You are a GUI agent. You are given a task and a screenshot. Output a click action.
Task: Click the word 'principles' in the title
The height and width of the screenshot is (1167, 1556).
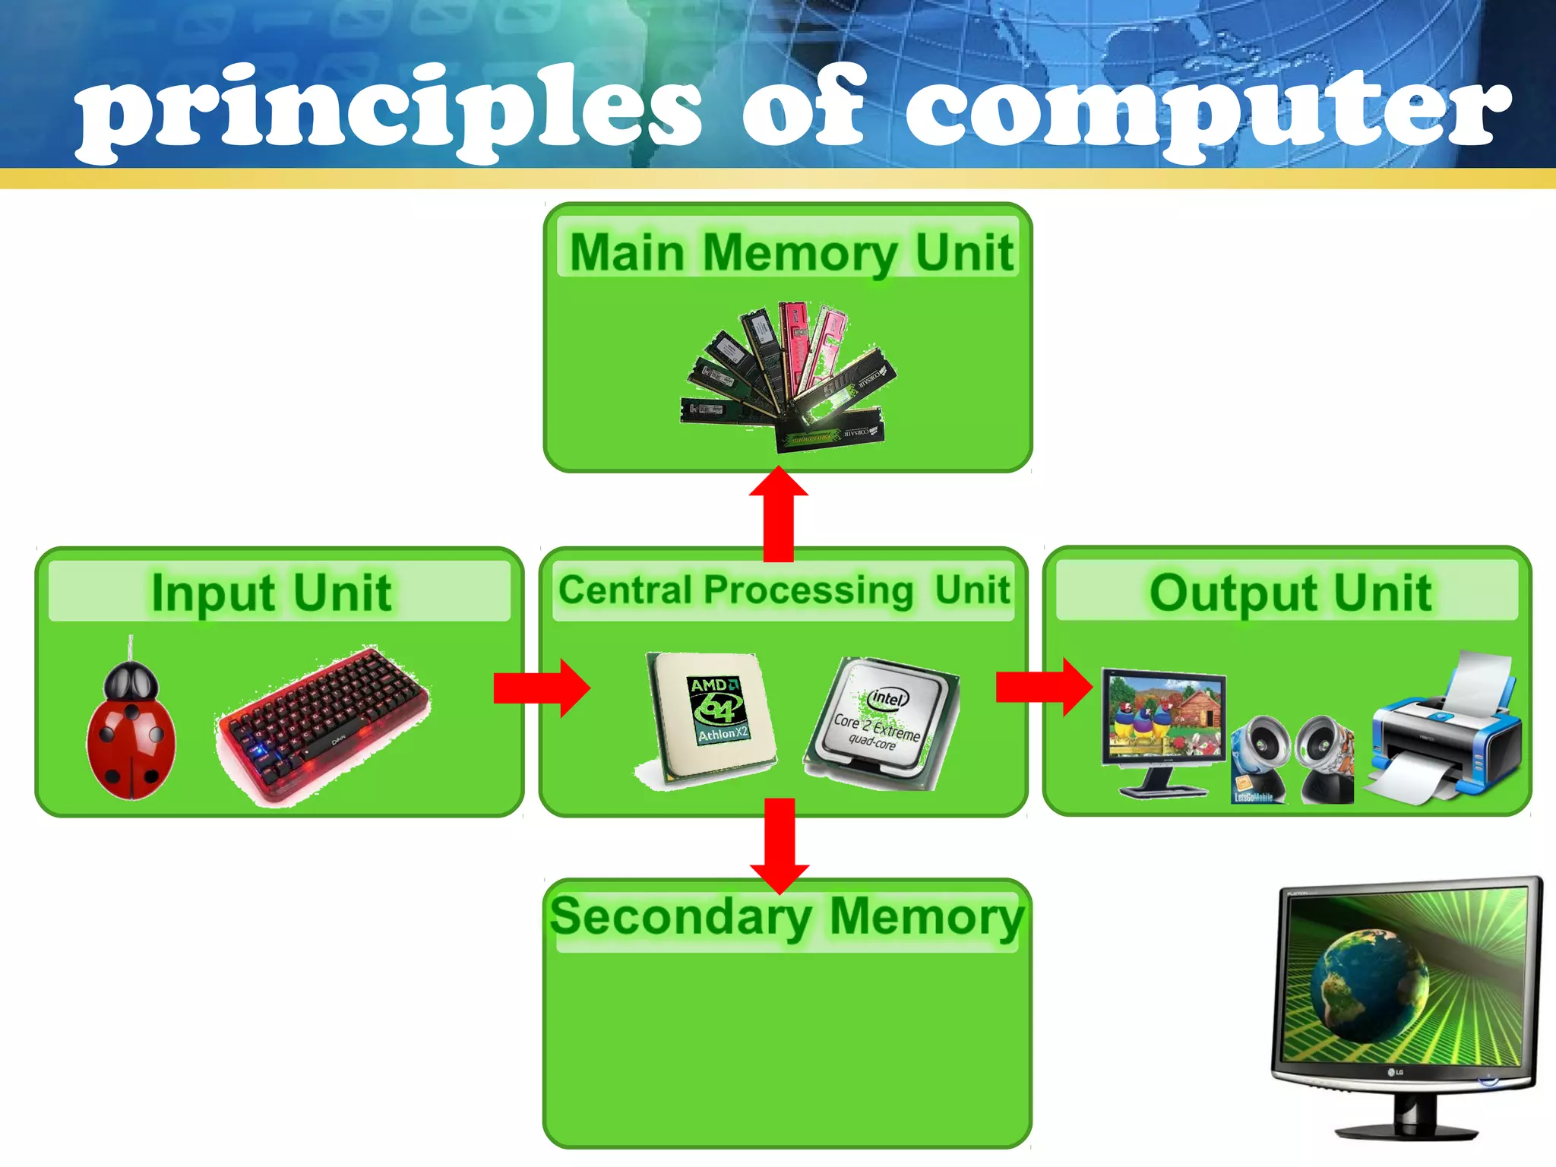tap(387, 110)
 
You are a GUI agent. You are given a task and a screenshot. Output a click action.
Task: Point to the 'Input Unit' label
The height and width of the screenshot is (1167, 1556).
tap(271, 592)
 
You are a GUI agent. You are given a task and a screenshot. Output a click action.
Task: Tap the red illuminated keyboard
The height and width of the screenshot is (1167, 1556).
tap(324, 722)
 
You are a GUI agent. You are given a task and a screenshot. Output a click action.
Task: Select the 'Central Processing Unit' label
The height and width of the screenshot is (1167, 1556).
tap(783, 590)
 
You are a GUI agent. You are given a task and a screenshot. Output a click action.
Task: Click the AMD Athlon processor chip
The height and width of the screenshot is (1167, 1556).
tap(711, 714)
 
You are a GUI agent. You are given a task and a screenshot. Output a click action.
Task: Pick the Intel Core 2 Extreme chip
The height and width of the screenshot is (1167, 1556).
tap(881, 722)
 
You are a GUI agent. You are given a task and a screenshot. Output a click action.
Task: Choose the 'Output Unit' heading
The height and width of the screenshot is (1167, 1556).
tap(1290, 592)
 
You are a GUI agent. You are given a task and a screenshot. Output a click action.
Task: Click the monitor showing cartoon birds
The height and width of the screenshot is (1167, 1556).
tap(1162, 722)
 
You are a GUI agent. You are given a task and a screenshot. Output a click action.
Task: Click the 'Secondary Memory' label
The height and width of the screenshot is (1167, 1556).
tap(787, 916)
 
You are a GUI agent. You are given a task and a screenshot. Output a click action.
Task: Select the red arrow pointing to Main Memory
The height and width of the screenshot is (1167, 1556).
tap(778, 513)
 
